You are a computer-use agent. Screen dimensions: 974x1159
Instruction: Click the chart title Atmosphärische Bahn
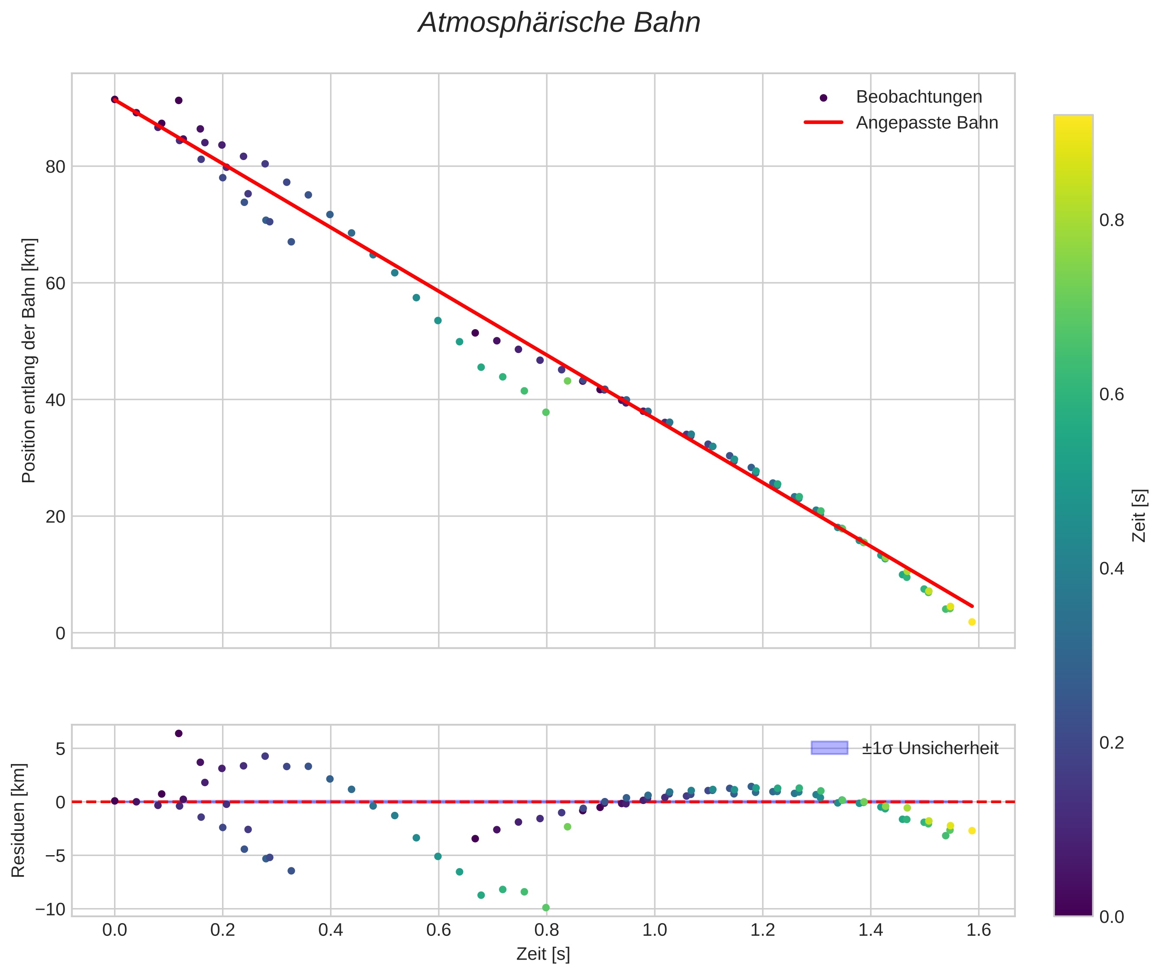pyautogui.click(x=559, y=23)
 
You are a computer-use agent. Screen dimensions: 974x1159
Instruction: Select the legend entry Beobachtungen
pyautogui.click(x=918, y=97)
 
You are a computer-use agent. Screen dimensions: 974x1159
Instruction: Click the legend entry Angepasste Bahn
pyautogui.click(x=927, y=123)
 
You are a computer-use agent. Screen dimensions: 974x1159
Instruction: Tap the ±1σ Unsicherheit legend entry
pyautogui.click(x=930, y=749)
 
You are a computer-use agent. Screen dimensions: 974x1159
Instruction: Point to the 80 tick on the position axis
pyautogui.click(x=55, y=167)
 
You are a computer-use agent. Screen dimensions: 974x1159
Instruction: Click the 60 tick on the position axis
pyautogui.click(x=55, y=283)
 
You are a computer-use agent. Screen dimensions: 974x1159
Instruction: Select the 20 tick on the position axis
pyautogui.click(x=55, y=517)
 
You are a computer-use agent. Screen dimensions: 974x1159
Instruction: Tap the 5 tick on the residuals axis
pyautogui.click(x=60, y=749)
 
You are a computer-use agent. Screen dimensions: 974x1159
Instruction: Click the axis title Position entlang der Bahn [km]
pyautogui.click(x=29, y=360)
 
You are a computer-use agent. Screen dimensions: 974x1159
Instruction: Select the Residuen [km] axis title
pyautogui.click(x=18, y=820)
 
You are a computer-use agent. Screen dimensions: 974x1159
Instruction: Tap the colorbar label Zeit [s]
pyautogui.click(x=1139, y=516)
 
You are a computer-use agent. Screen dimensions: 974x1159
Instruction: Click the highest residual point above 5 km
pyautogui.click(x=178, y=734)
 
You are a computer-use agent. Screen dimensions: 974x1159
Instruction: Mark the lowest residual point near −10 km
pyautogui.click(x=545, y=908)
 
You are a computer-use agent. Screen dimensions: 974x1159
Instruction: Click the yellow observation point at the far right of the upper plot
pyautogui.click(x=972, y=622)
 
